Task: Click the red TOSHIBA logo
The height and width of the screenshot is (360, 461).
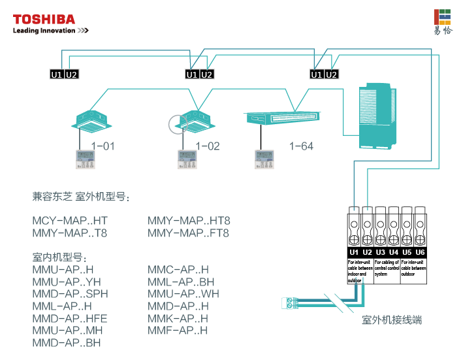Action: pyautogui.click(x=44, y=19)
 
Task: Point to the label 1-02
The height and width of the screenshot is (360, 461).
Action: pyautogui.click(x=207, y=146)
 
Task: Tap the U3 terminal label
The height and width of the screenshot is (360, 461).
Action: pyautogui.click(x=381, y=252)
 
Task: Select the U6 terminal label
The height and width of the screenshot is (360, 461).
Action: pyautogui.click(x=420, y=252)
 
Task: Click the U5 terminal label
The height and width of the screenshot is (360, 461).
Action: pyautogui.click(x=407, y=252)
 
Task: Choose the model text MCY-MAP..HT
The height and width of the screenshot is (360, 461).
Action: pyautogui.click(x=70, y=221)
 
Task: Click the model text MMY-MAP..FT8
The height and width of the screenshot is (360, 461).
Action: pyautogui.click(x=189, y=233)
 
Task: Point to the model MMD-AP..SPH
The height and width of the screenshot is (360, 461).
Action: pyautogui.click(x=70, y=293)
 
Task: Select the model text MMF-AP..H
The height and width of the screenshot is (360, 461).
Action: pyautogui.click(x=178, y=330)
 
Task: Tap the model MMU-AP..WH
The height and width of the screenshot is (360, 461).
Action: pyautogui.click(x=183, y=293)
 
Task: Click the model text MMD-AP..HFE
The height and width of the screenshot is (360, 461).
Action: pyautogui.click(x=70, y=318)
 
